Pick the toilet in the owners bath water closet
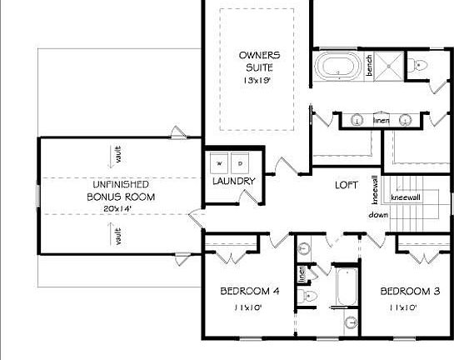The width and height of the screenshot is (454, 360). pyautogui.click(x=418, y=65)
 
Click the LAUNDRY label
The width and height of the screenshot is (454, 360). pyautogui.click(x=233, y=181)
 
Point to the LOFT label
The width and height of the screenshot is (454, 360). pyautogui.click(x=347, y=185)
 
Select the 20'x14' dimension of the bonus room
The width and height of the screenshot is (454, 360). pyautogui.click(x=120, y=208)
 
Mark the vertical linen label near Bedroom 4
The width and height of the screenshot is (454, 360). pyautogui.click(x=302, y=274)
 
